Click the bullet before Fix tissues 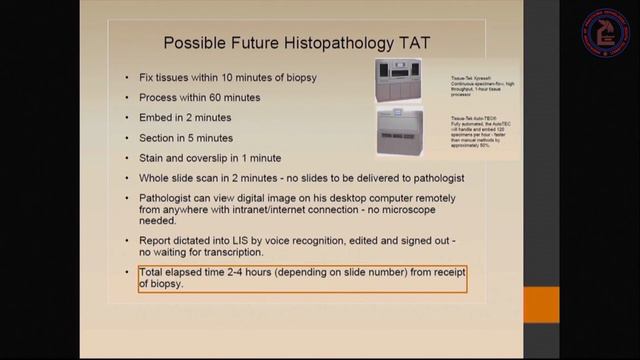tap(126, 78)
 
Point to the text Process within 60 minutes tap(200, 97)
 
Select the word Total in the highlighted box tap(156, 273)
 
